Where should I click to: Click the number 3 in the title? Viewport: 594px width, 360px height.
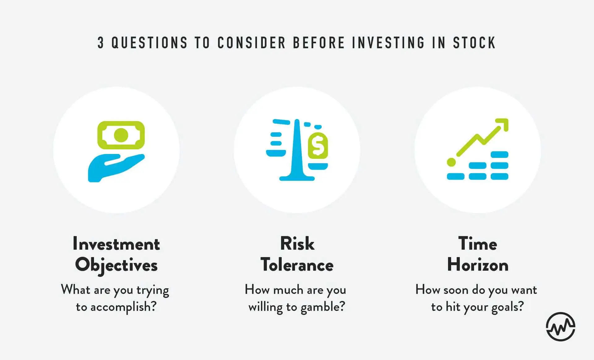101,43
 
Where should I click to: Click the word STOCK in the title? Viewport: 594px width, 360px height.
474,43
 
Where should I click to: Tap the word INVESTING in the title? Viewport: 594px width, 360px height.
388,43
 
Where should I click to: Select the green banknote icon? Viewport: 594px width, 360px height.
121,135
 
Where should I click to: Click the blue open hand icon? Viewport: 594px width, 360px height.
116,168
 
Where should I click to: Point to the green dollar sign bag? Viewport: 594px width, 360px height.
318,145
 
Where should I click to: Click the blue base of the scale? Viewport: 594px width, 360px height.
297,178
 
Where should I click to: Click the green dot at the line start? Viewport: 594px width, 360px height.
451,162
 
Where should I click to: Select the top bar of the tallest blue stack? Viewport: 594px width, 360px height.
499,155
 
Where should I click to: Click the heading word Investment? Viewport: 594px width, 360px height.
116,244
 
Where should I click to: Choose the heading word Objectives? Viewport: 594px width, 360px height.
116,265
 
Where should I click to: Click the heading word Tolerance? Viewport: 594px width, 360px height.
297,265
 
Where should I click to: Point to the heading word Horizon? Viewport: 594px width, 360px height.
478,265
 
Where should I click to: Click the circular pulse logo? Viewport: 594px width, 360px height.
561,327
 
